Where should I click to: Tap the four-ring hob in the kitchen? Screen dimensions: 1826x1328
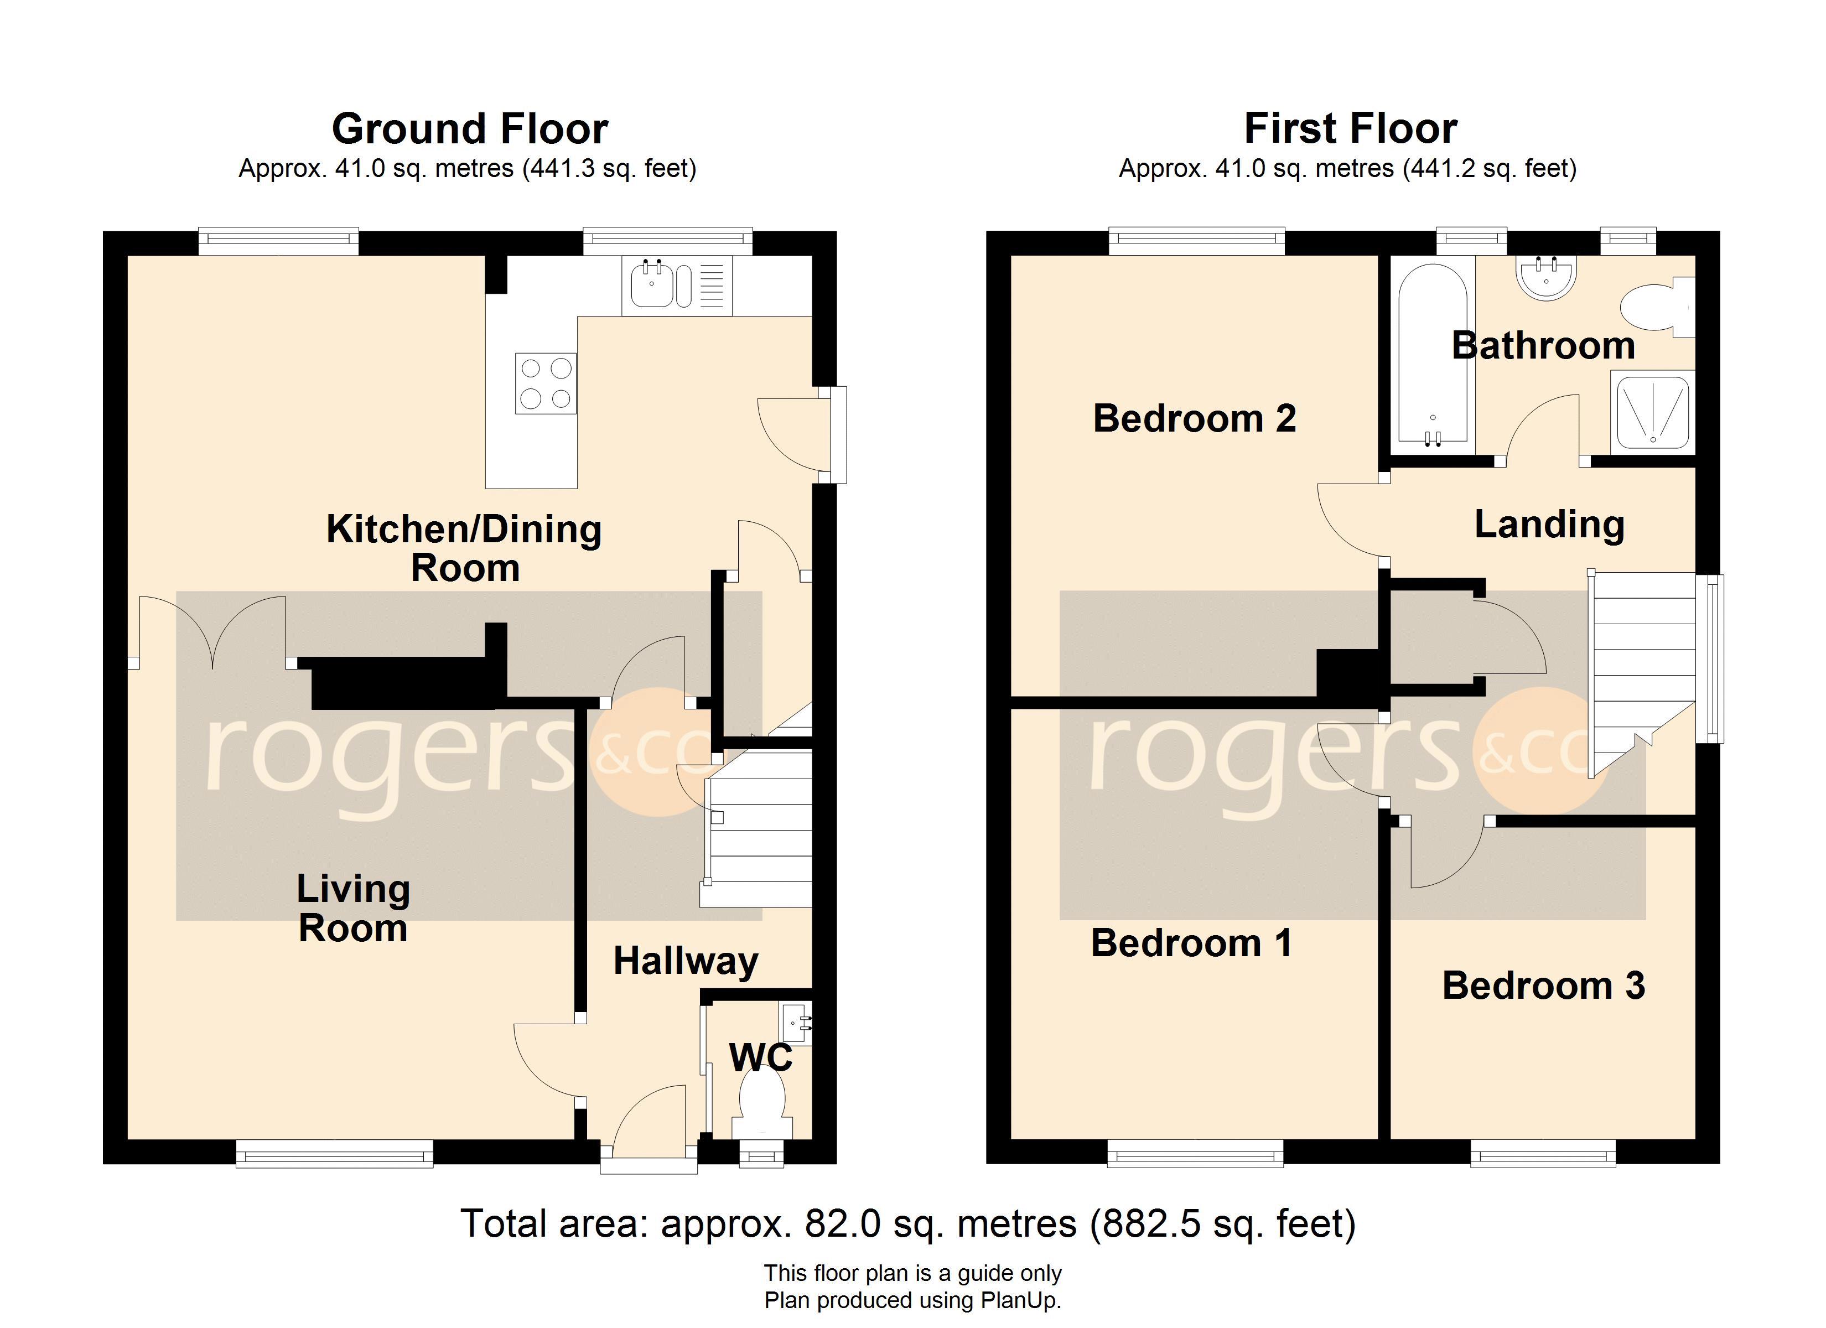546,383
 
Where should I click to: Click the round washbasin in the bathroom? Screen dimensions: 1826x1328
1546,278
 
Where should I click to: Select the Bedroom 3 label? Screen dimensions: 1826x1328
1543,985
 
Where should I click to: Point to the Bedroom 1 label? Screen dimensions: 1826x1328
1191,943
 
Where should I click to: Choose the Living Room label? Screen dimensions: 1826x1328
354,909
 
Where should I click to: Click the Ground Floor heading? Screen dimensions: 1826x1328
470,129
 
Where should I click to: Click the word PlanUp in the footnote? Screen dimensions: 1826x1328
1019,1300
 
